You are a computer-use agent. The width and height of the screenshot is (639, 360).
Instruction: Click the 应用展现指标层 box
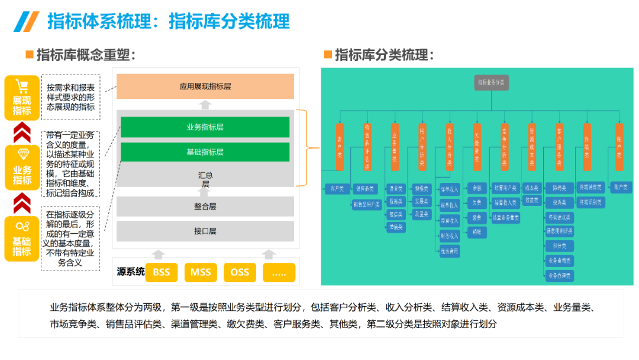205,86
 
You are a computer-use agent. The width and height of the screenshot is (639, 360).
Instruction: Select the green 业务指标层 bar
205,127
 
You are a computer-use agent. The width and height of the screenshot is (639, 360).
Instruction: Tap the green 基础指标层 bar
205,152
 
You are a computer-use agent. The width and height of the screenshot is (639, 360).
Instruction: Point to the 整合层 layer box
205,207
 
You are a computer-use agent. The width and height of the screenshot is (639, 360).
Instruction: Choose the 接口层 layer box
205,231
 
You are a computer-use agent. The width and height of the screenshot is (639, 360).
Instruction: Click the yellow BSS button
162,272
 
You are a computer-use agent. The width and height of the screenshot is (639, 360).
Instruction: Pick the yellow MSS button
201,272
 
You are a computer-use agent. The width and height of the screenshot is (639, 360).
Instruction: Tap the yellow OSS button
240,272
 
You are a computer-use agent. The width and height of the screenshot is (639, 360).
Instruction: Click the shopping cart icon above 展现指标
22,87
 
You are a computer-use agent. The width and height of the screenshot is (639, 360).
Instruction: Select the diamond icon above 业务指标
22,155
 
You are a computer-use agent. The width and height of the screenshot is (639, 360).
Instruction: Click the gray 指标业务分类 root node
492,83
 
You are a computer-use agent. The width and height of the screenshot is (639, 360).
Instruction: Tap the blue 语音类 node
396,189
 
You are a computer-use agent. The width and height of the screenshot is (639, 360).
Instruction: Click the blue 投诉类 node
560,202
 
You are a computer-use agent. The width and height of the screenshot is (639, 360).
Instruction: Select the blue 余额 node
477,188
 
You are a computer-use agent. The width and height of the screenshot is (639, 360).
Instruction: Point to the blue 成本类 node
532,188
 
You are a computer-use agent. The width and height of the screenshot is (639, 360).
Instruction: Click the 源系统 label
130,272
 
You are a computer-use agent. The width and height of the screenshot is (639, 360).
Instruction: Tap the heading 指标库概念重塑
86,56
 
